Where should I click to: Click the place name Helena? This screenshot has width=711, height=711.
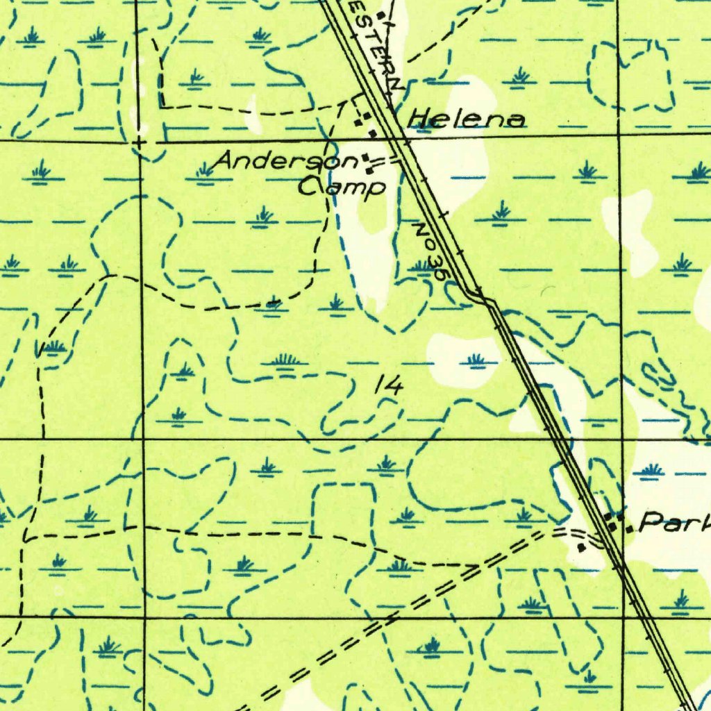pos(466,119)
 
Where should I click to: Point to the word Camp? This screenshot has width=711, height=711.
pos(342,186)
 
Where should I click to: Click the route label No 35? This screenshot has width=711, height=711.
pos(430,251)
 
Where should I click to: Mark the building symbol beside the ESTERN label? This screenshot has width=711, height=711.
pos(380,14)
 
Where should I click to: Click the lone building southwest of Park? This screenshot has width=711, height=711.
pos(582,547)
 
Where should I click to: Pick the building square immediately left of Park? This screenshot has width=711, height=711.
pos(629,529)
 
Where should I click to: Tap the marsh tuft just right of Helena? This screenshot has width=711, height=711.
pos(520,76)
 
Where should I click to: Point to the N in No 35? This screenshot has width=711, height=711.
pos(421,231)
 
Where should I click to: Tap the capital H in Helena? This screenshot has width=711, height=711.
pos(418,119)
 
